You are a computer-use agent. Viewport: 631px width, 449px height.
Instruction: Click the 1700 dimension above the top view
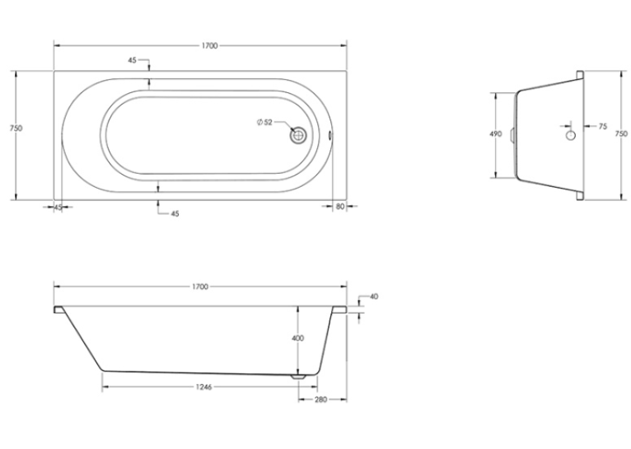pyautogui.click(x=209, y=45)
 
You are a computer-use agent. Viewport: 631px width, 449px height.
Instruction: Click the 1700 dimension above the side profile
pyautogui.click(x=200, y=287)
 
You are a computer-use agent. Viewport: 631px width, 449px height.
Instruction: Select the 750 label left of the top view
pyautogui.click(x=16, y=129)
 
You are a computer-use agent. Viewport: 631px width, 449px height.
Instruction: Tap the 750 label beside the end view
pyautogui.click(x=621, y=134)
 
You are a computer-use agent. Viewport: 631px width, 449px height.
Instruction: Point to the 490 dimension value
pyautogui.click(x=496, y=134)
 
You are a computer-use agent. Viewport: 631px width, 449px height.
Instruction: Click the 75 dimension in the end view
pyautogui.click(x=602, y=126)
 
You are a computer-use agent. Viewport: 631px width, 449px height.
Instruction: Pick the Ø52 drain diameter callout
pyautogui.click(x=264, y=122)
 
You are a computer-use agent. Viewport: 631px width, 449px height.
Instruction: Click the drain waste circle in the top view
pyautogui.click(x=298, y=135)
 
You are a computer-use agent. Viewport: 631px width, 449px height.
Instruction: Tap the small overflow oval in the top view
pyautogui.click(x=330, y=135)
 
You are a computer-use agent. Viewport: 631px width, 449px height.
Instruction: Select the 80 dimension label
pyautogui.click(x=340, y=207)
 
